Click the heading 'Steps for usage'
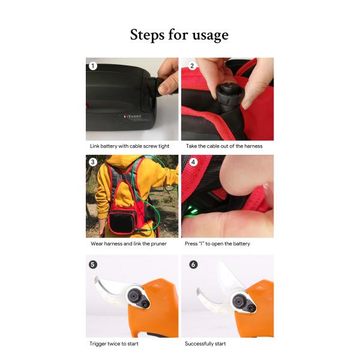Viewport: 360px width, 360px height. click(179, 35)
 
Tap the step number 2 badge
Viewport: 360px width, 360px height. click(192, 65)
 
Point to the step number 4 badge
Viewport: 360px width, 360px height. click(192, 163)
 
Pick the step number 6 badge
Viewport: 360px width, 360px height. click(192, 263)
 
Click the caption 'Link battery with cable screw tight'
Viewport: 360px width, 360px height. click(130, 146)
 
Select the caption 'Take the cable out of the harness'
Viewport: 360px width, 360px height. click(223, 146)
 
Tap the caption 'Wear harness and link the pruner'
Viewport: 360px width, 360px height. click(128, 244)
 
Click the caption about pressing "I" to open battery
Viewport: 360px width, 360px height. click(217, 244)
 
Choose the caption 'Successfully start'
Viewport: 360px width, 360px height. click(205, 344)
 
